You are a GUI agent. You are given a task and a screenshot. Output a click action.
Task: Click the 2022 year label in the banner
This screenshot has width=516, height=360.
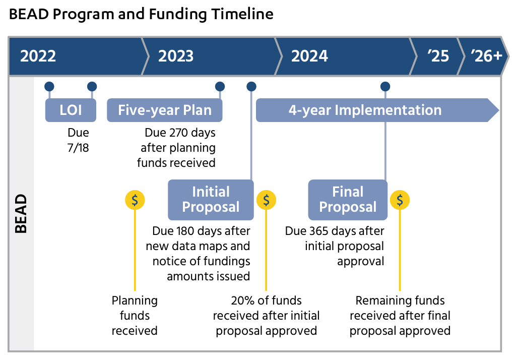click(x=38, y=56)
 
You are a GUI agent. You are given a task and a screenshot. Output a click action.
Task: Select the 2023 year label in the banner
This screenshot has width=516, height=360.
click(x=176, y=56)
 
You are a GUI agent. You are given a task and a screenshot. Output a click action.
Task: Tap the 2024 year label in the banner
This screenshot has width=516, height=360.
click(x=309, y=56)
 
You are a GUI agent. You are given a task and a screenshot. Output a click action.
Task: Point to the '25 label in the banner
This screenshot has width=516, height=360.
click(x=438, y=56)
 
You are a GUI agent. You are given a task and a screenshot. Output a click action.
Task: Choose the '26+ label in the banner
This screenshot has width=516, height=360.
click(x=486, y=56)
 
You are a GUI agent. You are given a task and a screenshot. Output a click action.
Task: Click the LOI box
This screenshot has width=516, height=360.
click(x=71, y=110)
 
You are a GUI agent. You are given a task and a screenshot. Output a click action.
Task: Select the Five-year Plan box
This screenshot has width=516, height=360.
click(x=165, y=110)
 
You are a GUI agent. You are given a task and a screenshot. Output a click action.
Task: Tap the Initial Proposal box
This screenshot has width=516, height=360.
click(x=211, y=200)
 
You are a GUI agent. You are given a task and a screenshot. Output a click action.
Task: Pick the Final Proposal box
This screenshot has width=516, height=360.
click(x=348, y=200)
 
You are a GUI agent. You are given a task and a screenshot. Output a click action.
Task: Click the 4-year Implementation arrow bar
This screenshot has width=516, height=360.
click(x=377, y=110)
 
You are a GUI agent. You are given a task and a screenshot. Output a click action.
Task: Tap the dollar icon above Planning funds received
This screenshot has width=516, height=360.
click(x=135, y=200)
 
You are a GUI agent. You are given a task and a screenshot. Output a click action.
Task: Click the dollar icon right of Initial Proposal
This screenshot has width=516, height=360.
click(x=266, y=200)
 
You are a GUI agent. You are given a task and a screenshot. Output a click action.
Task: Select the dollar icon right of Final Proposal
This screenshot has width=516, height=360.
click(x=400, y=200)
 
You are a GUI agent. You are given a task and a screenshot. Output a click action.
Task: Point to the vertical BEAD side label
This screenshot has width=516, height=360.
click(x=21, y=213)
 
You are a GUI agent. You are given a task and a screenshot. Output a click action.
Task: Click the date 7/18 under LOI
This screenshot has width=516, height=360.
click(x=78, y=148)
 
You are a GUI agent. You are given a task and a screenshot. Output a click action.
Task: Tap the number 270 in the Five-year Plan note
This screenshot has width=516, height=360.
click(x=180, y=133)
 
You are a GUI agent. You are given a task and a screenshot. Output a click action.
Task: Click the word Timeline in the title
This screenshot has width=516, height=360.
click(x=242, y=14)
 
